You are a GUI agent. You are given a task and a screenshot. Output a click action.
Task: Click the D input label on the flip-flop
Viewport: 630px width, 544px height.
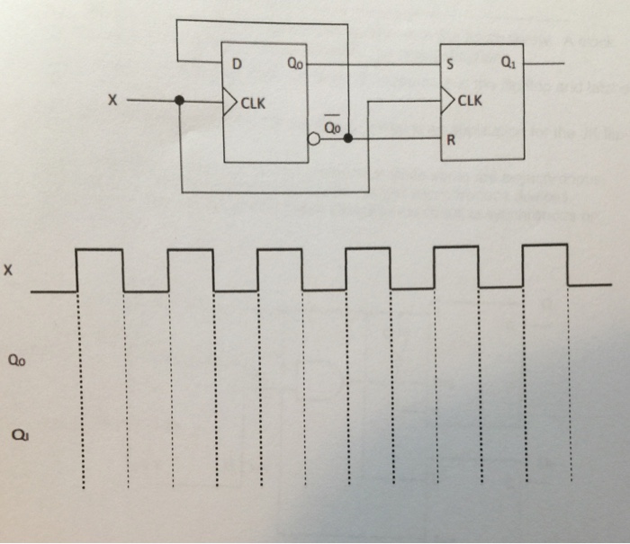point(237,65)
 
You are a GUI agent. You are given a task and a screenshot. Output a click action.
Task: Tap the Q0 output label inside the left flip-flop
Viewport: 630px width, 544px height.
point(295,65)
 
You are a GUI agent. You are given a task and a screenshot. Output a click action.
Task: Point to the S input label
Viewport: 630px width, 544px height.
point(449,65)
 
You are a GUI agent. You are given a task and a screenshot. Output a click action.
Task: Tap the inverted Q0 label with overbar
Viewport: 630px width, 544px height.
point(331,127)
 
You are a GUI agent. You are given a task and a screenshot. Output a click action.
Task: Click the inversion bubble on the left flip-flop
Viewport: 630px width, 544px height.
point(314,139)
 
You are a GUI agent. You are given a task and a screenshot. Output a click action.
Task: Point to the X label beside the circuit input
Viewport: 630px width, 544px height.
point(112,102)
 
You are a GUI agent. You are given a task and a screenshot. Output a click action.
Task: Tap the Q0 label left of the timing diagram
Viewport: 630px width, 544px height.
point(15,361)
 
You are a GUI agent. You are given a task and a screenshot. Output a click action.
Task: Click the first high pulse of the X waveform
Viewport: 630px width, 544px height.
point(99,251)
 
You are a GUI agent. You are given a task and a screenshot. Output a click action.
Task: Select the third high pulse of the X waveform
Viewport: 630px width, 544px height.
point(279,250)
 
